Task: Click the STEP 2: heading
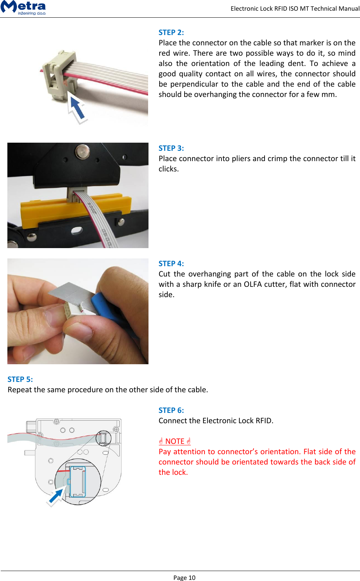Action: (x=171, y=32)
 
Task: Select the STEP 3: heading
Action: (x=171, y=148)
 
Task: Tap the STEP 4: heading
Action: (x=171, y=264)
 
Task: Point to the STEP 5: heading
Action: (x=20, y=379)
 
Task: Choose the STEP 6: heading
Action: (x=171, y=410)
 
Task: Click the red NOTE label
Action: (x=175, y=441)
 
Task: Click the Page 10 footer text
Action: (x=184, y=578)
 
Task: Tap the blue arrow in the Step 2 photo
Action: (x=77, y=108)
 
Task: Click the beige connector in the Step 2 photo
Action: (x=59, y=76)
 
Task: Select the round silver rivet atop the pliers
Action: (x=82, y=151)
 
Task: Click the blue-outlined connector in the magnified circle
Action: (x=78, y=481)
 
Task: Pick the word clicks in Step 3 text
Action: (x=168, y=169)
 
